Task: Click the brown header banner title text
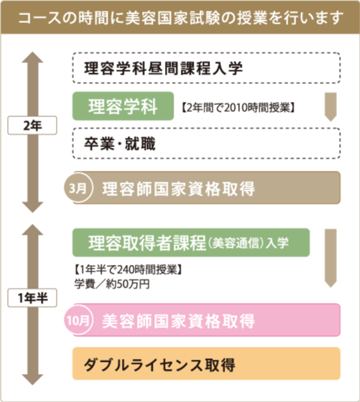click(181, 18)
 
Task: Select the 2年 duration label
click(32, 126)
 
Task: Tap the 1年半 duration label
click(32, 298)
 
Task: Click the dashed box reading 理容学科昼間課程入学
click(207, 68)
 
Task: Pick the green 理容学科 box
click(123, 106)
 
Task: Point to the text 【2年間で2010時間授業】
click(238, 108)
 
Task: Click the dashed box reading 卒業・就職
click(207, 143)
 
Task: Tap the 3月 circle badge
click(78, 188)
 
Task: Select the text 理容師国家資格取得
click(179, 189)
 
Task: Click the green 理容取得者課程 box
click(191, 243)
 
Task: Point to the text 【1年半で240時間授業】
click(128, 269)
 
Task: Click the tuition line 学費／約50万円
click(112, 284)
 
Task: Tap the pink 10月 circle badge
click(78, 320)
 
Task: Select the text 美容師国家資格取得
click(179, 321)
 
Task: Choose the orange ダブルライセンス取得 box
click(207, 363)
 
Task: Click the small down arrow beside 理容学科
click(331, 107)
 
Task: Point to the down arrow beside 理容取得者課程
click(331, 258)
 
